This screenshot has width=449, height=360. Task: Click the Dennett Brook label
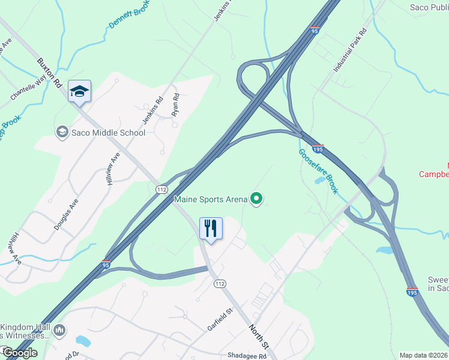tap(128, 14)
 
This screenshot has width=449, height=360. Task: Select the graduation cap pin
tap(79, 92)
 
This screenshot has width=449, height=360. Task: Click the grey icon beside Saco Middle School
tap(61, 131)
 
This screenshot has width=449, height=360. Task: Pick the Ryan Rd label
tap(175, 104)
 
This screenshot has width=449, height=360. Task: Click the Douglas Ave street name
tap(66, 215)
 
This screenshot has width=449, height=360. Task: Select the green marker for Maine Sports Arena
tap(257, 198)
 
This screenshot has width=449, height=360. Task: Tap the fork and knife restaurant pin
tap(211, 229)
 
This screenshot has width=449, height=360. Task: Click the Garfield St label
tap(220, 319)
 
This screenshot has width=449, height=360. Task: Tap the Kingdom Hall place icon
tap(59, 330)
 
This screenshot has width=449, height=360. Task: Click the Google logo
tap(20, 352)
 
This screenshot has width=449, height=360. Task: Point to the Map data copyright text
tap(423, 355)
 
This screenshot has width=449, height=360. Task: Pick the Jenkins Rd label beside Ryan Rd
tap(152, 110)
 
